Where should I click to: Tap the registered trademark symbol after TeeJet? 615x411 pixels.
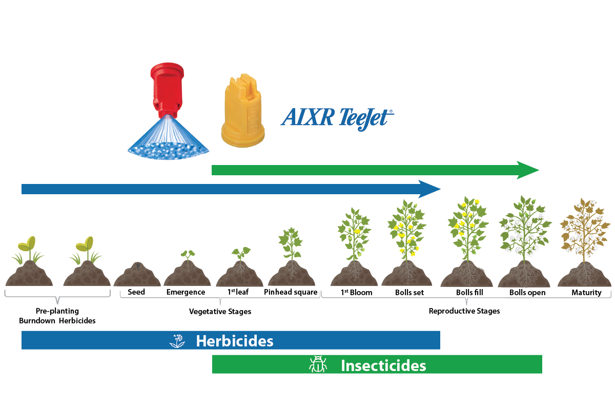[391, 111]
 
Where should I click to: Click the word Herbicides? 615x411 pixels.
[234, 341]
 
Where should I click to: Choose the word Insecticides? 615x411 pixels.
[383, 366]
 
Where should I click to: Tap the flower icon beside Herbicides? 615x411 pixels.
[177, 341]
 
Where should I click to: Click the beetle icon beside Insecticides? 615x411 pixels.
[318, 365]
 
